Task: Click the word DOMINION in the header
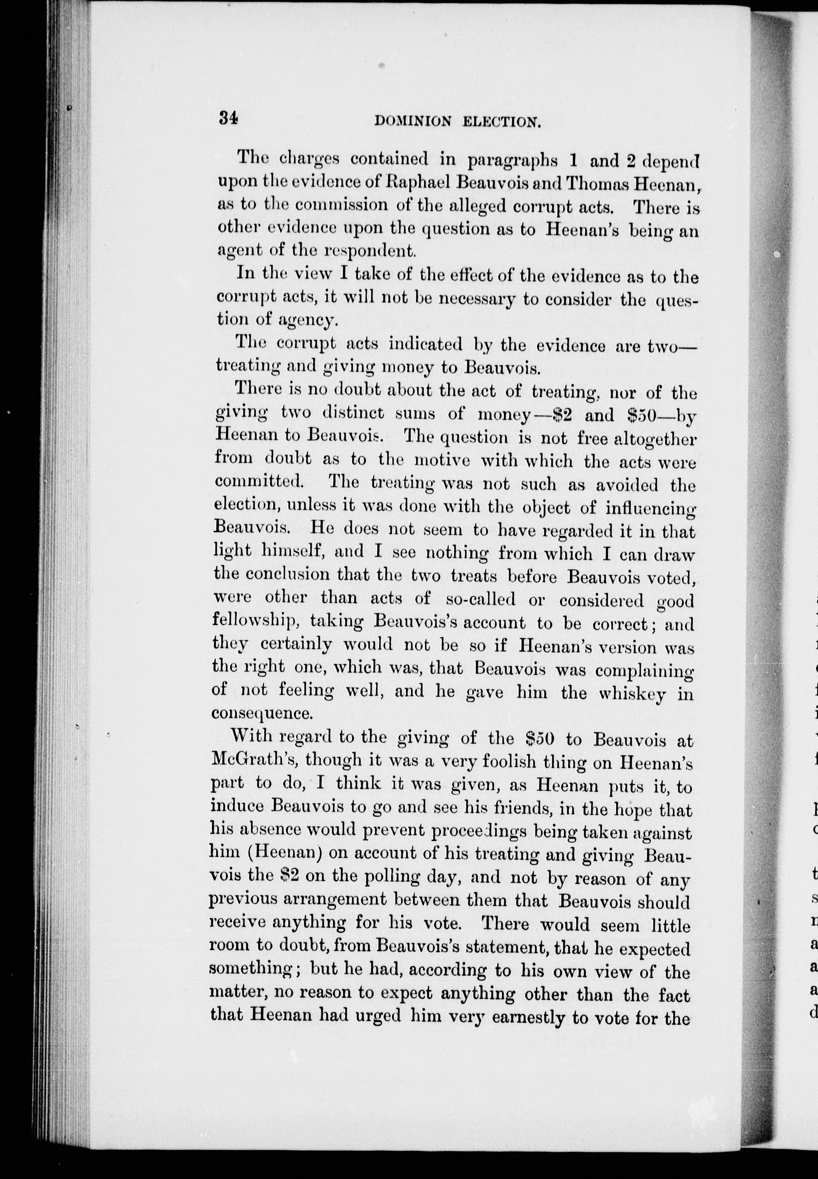coord(413,122)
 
